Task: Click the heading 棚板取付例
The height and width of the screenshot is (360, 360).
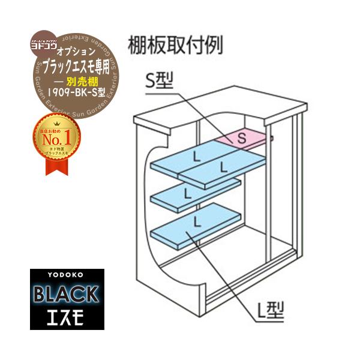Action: tap(175, 45)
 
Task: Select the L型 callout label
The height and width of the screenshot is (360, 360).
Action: tap(269, 310)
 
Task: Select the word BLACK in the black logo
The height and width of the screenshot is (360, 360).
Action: tap(67, 293)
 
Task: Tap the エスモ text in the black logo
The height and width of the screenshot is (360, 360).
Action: tap(67, 313)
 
